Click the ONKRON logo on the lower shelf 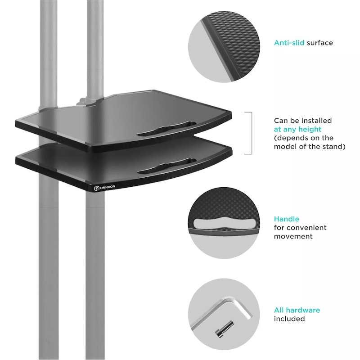click(x=104, y=188)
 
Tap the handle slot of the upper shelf click(x=166, y=129)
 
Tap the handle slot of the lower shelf click(x=166, y=166)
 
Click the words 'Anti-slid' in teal click(x=289, y=43)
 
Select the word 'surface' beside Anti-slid click(x=320, y=43)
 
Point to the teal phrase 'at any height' click(x=297, y=129)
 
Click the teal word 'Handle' click(x=287, y=219)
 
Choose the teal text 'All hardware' click(x=297, y=310)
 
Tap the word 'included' click(x=289, y=319)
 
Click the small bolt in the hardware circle click(x=224, y=329)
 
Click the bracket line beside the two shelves click(x=252, y=133)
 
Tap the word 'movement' click(x=293, y=236)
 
